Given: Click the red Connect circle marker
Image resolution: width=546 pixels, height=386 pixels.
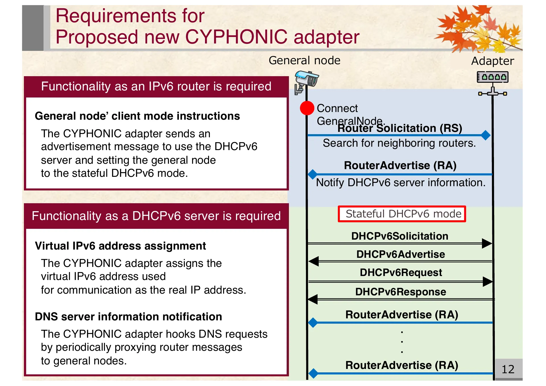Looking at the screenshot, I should pyautogui.click(x=307, y=108).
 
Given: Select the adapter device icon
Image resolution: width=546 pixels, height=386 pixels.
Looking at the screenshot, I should pyautogui.click(x=493, y=77).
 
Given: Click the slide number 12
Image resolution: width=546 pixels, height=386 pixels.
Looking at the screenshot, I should pyautogui.click(x=508, y=369).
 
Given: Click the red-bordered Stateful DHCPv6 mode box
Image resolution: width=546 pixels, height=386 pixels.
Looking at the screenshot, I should pyautogui.click(x=402, y=214).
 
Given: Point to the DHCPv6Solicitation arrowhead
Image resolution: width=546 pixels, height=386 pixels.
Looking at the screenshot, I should pyautogui.click(x=487, y=243).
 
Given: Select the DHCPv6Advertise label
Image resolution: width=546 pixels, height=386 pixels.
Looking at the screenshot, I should pyautogui.click(x=400, y=254).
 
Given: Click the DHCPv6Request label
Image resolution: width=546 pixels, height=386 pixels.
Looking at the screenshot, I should pyautogui.click(x=401, y=272).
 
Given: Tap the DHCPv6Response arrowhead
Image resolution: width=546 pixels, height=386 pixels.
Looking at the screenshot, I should pyautogui.click(x=313, y=299).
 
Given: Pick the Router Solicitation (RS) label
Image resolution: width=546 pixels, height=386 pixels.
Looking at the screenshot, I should pyautogui.click(x=400, y=128).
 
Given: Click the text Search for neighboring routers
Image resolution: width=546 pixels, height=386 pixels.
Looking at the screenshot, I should pyautogui.click(x=399, y=143).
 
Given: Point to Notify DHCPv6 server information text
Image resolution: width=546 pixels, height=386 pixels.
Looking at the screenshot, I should pyautogui.click(x=400, y=182).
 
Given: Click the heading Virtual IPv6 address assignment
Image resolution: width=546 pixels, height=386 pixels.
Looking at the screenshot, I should pyautogui.click(x=120, y=246).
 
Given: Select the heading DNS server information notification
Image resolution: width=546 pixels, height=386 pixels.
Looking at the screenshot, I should pyautogui.click(x=128, y=317).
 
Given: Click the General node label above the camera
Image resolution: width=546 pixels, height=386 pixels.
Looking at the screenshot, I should pyautogui.click(x=304, y=60).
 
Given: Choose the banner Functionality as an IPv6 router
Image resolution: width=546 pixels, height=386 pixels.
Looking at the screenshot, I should pyautogui.click(x=156, y=86).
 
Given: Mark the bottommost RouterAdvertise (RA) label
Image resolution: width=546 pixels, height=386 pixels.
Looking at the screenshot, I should pyautogui.click(x=402, y=365).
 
